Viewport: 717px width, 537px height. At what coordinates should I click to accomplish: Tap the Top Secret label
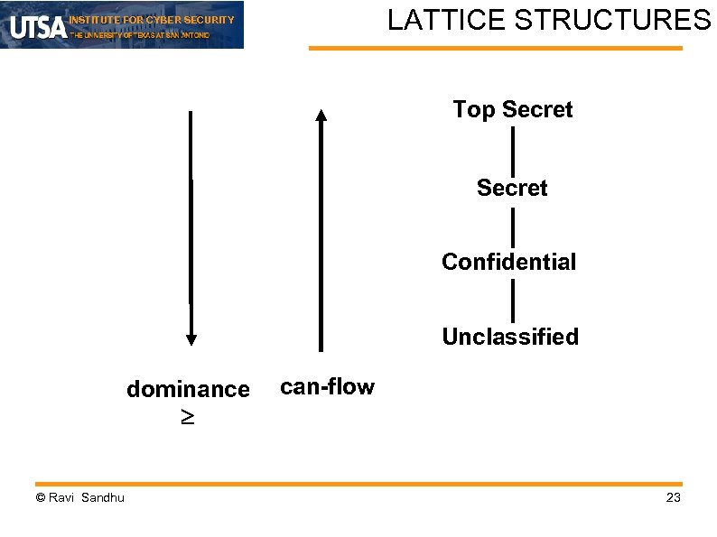tap(512, 110)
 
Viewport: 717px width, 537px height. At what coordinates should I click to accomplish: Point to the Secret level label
tap(512, 188)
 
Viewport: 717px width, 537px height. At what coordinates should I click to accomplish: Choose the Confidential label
tap(508, 262)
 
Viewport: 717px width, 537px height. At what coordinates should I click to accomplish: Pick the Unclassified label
tap(510, 337)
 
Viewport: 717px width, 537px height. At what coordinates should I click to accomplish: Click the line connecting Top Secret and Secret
tap(513, 150)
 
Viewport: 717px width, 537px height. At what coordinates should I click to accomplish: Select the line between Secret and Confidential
tap(513, 226)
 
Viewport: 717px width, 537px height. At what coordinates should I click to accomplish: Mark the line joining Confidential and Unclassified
tap(513, 300)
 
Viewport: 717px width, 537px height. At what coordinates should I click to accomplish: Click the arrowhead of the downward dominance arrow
tap(191, 338)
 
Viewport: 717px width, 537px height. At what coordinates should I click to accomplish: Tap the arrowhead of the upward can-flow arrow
tap(321, 115)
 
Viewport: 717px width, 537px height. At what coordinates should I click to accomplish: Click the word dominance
tap(188, 389)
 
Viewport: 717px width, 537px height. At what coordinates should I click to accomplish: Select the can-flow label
tap(327, 387)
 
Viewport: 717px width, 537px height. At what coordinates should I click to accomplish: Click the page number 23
tap(673, 498)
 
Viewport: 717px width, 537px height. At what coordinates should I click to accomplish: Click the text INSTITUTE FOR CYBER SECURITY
tap(152, 20)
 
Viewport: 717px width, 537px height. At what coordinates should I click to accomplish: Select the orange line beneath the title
tap(496, 49)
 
